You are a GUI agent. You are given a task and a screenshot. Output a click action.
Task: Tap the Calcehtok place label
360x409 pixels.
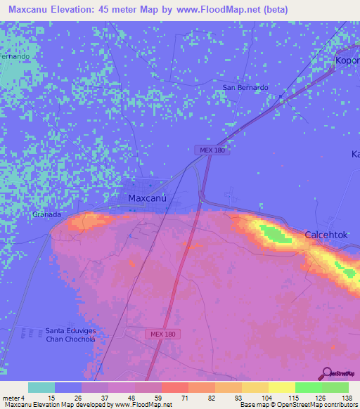326,235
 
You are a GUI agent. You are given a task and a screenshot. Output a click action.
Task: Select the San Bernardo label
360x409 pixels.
245,87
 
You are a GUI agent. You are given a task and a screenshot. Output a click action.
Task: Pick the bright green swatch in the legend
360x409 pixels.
308,387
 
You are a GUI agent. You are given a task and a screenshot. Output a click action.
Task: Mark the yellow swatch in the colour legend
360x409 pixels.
281,387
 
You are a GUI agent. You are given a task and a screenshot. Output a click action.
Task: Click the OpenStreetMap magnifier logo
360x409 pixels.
327,372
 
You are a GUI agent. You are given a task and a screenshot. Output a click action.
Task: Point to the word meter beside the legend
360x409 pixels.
11,398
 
